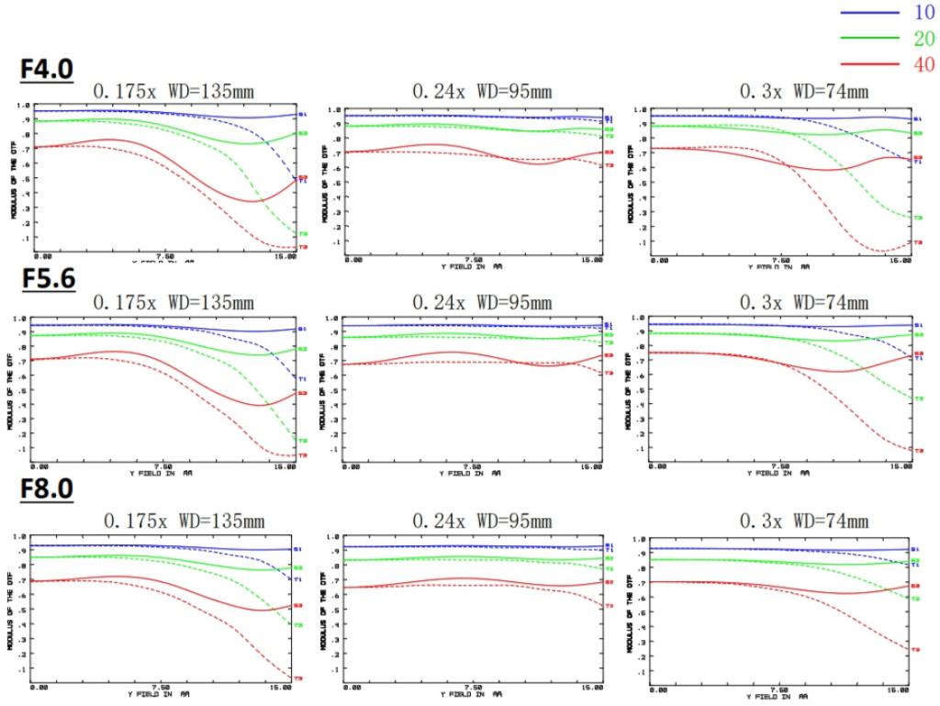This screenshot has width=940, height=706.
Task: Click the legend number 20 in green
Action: point(924,38)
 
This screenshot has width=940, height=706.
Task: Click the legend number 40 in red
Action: point(924,63)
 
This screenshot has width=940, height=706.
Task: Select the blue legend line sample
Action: point(868,12)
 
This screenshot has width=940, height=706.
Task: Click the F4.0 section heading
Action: point(47,70)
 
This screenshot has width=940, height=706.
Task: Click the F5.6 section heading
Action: point(47,280)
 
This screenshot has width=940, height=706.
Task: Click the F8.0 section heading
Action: point(47,489)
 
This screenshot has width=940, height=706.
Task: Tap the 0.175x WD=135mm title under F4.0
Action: point(173,91)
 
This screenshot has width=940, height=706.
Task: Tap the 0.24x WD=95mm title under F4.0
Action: point(482,91)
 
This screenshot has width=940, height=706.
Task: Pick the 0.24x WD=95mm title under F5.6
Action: point(482,302)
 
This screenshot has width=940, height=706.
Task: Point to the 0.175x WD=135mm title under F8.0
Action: point(185,521)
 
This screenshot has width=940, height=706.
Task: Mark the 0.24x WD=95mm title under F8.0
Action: point(482,521)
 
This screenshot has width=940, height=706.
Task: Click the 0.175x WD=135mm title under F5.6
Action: point(173,302)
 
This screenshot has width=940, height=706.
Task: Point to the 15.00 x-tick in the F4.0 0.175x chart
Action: point(286,257)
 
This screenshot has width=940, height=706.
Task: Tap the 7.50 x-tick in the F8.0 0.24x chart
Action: point(473,687)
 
